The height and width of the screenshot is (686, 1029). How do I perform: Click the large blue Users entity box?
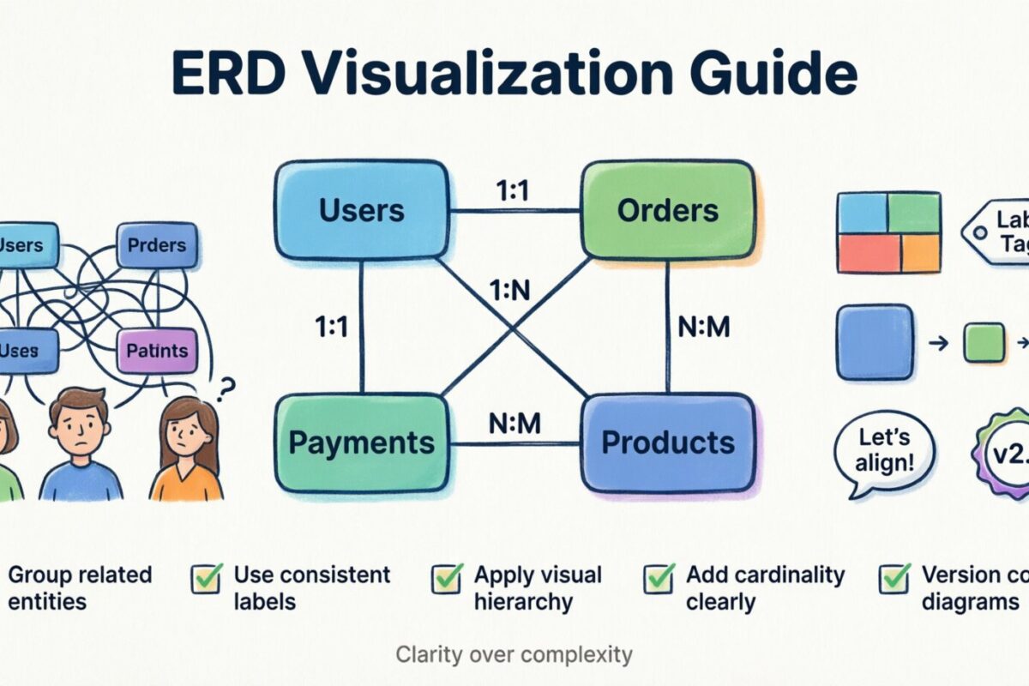coord(361,210)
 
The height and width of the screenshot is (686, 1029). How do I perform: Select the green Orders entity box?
coord(668,210)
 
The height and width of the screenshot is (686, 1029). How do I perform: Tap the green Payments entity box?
coord(361,442)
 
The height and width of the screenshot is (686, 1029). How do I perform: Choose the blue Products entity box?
coord(668,442)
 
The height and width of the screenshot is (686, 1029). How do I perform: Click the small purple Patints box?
coord(156,351)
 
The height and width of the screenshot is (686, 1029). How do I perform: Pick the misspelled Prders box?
coord(156,245)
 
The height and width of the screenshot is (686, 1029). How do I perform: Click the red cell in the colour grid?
coord(862,253)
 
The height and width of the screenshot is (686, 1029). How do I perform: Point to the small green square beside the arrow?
coord(984,342)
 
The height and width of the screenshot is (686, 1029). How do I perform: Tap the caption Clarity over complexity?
coord(514,655)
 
